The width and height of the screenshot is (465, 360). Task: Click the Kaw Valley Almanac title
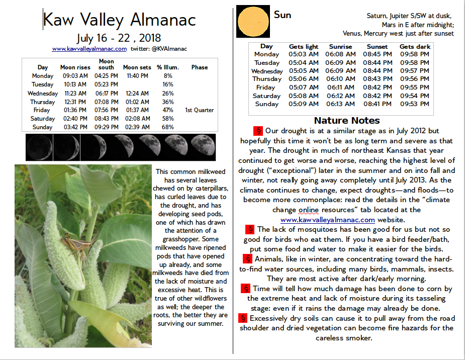[x=119, y=20]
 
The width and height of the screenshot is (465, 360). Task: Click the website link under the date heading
[x=89, y=49]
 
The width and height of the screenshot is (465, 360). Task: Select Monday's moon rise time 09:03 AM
[x=75, y=75]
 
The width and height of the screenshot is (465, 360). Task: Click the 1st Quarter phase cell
[x=199, y=110]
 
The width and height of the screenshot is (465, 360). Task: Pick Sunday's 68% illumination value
[x=168, y=127]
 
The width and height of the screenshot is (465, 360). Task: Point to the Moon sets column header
[x=137, y=67]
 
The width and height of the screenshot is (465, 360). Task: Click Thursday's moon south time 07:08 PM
[x=106, y=102]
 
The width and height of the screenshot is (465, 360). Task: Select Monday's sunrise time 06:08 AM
[x=340, y=54]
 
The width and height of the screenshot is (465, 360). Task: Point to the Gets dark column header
[x=415, y=46]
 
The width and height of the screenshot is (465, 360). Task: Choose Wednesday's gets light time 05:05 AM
[x=303, y=71]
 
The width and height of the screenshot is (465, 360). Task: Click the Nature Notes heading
[x=346, y=121]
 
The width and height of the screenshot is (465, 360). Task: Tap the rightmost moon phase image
[x=203, y=146]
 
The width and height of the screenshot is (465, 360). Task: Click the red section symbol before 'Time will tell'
[x=245, y=289]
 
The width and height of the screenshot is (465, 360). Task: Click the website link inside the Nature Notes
[x=327, y=220]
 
